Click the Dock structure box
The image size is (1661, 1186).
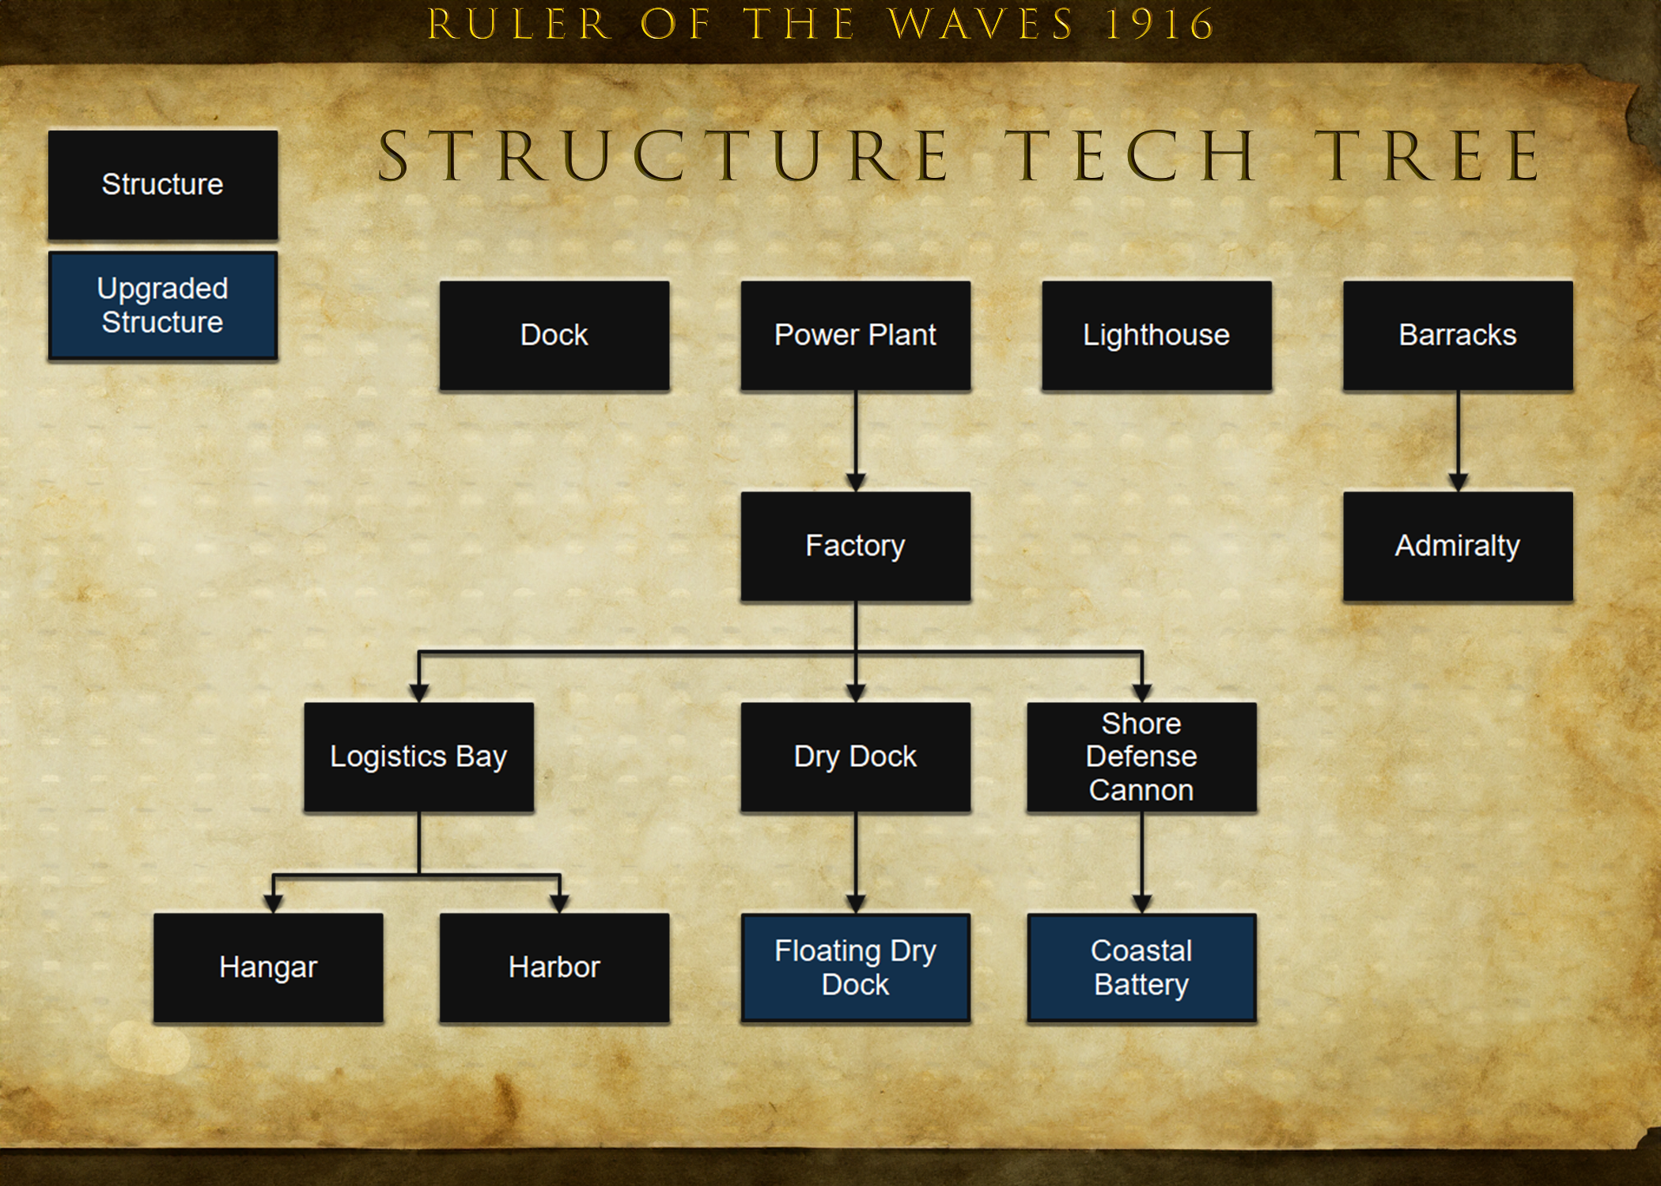pyautogui.click(x=554, y=335)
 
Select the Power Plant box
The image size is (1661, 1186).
pyautogui.click(x=856, y=335)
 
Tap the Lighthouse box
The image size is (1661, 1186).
pyautogui.click(x=1156, y=335)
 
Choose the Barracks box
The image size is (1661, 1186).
pyautogui.click(x=1458, y=335)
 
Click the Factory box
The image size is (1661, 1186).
pyautogui.click(x=856, y=546)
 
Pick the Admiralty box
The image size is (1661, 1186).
pyautogui.click(x=1458, y=546)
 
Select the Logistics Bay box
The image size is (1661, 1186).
pyautogui.click(x=419, y=757)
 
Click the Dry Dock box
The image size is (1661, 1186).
pyautogui.click(x=856, y=757)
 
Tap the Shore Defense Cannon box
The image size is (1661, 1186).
pyautogui.click(x=1141, y=757)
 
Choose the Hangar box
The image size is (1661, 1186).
pyautogui.click(x=268, y=968)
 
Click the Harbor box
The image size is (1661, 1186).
pyautogui.click(x=554, y=968)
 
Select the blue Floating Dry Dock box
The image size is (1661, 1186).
pyautogui.click(x=856, y=968)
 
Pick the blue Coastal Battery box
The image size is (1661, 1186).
pyautogui.click(x=1141, y=968)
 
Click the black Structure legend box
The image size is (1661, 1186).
pyautogui.click(x=163, y=185)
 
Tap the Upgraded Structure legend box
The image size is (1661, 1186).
pyautogui.click(x=163, y=305)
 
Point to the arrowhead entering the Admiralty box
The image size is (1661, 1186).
pyautogui.click(x=1459, y=482)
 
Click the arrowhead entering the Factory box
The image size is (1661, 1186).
pyautogui.click(x=856, y=482)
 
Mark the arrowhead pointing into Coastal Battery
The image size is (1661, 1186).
pyautogui.click(x=1141, y=904)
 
